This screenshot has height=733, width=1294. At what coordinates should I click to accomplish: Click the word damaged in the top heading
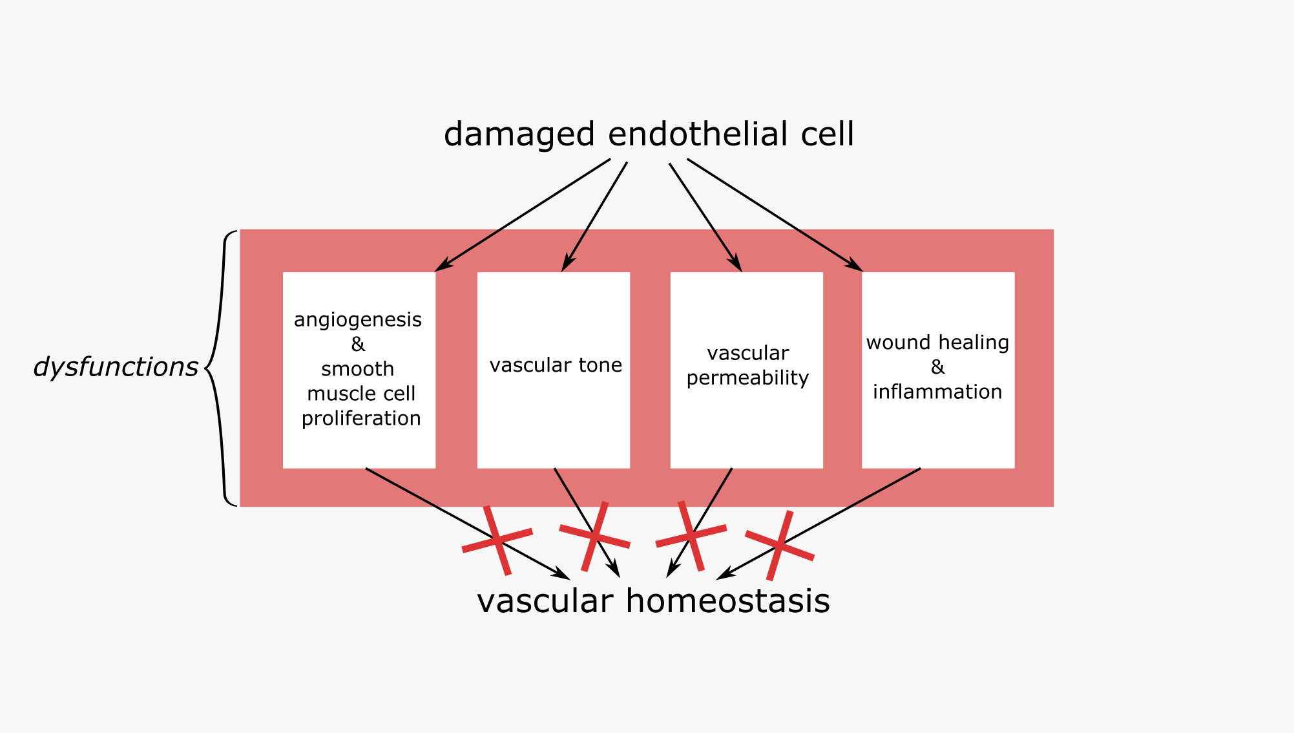[x=519, y=134]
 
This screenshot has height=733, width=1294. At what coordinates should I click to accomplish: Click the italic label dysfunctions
[x=115, y=367]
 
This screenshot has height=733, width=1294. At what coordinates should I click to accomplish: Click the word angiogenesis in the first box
[x=357, y=320]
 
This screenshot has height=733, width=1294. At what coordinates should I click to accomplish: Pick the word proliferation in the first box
[x=361, y=419]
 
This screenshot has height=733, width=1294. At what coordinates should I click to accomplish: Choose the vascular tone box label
[x=556, y=365]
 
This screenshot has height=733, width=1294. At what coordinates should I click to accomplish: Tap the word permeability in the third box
[x=747, y=378]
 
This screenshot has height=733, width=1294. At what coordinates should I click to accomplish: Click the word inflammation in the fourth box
[x=937, y=392]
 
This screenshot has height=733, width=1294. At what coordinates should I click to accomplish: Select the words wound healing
[x=937, y=343]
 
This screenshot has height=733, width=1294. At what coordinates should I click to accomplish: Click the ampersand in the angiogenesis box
[x=358, y=345]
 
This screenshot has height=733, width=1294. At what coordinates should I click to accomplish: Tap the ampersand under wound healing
[x=937, y=367]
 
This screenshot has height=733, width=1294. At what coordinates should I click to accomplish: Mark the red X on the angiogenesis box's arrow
[x=497, y=540]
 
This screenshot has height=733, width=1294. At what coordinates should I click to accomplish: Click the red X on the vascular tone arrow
[x=594, y=536]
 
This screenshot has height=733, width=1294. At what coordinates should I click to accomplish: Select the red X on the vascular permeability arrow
[x=691, y=536]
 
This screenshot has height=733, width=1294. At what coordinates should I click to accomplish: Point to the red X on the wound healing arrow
[x=780, y=545]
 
